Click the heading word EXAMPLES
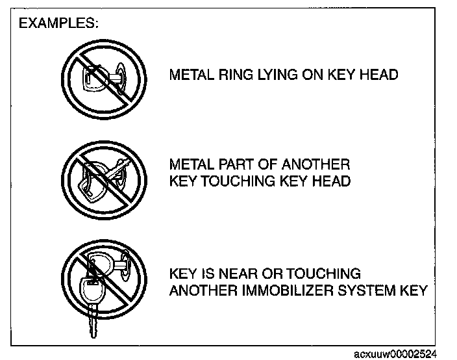coord(58,23)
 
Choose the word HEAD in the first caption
coord(379,75)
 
